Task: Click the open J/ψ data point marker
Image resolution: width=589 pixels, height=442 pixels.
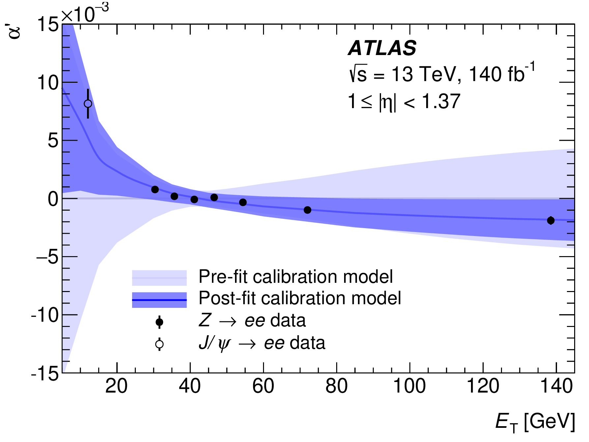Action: (x=88, y=103)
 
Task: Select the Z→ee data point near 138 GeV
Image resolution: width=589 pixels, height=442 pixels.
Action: (x=550, y=221)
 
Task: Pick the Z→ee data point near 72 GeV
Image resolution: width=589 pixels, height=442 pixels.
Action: (x=307, y=210)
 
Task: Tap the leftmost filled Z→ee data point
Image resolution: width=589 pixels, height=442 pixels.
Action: (x=155, y=190)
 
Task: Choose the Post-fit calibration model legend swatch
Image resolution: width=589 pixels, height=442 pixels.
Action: (x=159, y=300)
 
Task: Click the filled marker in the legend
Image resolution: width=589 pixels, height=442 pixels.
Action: (x=159, y=322)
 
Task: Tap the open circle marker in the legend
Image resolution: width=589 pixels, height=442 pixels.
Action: (x=159, y=344)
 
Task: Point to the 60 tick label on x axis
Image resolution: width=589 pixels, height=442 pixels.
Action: (x=263, y=386)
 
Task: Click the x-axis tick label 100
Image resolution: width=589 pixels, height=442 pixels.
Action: (x=410, y=386)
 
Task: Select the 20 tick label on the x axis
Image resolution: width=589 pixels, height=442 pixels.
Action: (x=117, y=386)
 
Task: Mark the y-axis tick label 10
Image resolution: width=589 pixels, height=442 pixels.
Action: (x=48, y=82)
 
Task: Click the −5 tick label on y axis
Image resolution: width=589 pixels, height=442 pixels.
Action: (x=48, y=257)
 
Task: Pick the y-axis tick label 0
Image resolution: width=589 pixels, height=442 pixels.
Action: (x=53, y=199)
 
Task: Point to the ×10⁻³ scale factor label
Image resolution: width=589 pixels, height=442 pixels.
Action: (x=85, y=14)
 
